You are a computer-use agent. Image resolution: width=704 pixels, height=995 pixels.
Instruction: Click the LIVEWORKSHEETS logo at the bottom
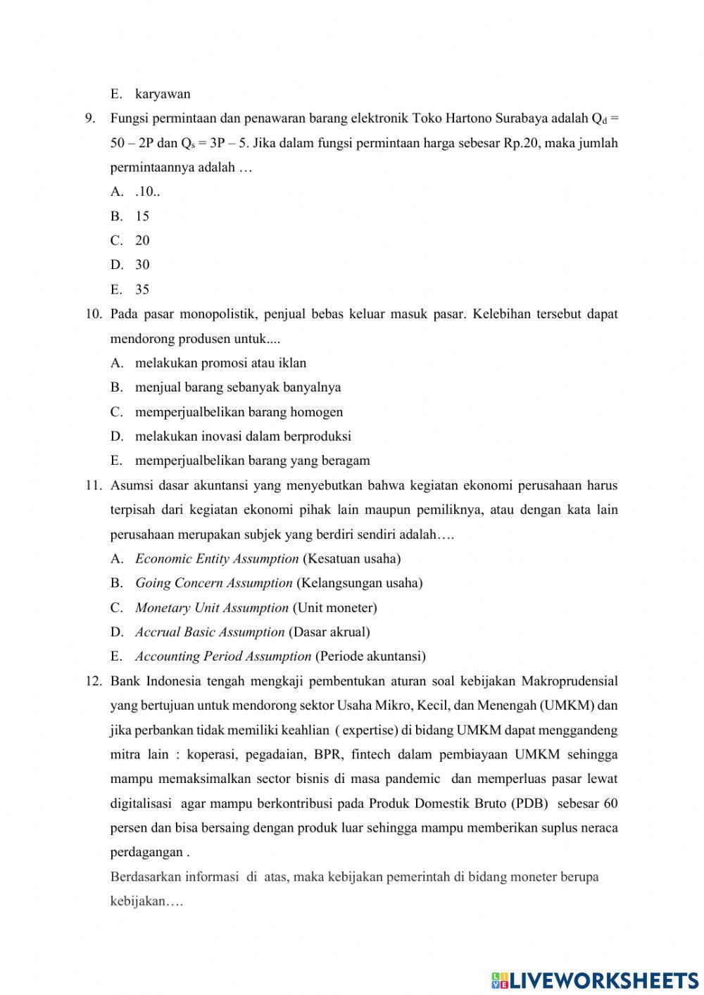pyautogui.click(x=595, y=980)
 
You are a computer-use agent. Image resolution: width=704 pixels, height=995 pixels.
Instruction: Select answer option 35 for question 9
pyautogui.click(x=142, y=289)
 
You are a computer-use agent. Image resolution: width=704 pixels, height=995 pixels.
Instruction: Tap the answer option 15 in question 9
pyautogui.click(x=142, y=216)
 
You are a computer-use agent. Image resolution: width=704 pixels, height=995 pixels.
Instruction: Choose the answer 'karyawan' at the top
pyautogui.click(x=163, y=94)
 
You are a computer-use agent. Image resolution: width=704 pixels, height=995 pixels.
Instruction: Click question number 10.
pyautogui.click(x=94, y=314)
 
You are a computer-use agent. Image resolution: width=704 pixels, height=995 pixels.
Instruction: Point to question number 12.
pyautogui.click(x=94, y=681)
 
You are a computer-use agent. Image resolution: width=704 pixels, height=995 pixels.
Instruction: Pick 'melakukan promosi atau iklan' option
pyautogui.click(x=220, y=363)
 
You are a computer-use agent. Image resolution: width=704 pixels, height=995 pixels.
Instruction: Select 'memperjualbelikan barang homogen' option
pyautogui.click(x=239, y=412)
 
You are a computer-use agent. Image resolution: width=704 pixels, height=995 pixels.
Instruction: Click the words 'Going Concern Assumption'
pyautogui.click(x=213, y=583)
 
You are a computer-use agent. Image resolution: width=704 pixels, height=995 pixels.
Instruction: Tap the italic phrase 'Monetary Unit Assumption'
pyautogui.click(x=211, y=608)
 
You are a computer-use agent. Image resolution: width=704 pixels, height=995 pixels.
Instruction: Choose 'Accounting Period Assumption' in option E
pyautogui.click(x=222, y=656)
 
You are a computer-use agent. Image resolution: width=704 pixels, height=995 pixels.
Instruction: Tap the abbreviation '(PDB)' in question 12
pyautogui.click(x=528, y=803)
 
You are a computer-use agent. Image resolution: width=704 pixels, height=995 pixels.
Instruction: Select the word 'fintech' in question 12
pyautogui.click(x=370, y=755)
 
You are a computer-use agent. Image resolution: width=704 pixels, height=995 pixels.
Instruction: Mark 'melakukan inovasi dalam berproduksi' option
pyautogui.click(x=243, y=436)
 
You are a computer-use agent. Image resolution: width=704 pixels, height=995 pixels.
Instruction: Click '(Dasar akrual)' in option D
pyautogui.click(x=329, y=632)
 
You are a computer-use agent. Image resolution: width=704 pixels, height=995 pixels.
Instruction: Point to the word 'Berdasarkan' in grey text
pyautogui.click(x=145, y=877)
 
